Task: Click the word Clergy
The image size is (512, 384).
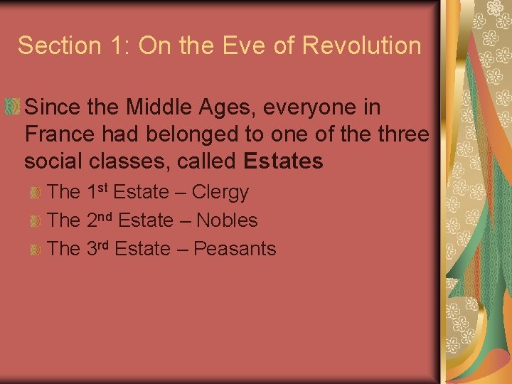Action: click(x=220, y=193)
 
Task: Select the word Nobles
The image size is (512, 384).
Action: click(x=227, y=220)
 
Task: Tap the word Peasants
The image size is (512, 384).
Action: click(x=235, y=249)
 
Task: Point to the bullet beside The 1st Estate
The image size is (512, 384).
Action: click(x=35, y=193)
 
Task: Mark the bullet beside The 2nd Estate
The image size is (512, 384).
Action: click(x=35, y=220)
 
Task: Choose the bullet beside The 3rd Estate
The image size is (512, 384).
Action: click(x=35, y=249)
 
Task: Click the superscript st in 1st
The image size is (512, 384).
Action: click(x=103, y=188)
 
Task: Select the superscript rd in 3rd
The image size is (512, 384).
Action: click(x=104, y=244)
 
